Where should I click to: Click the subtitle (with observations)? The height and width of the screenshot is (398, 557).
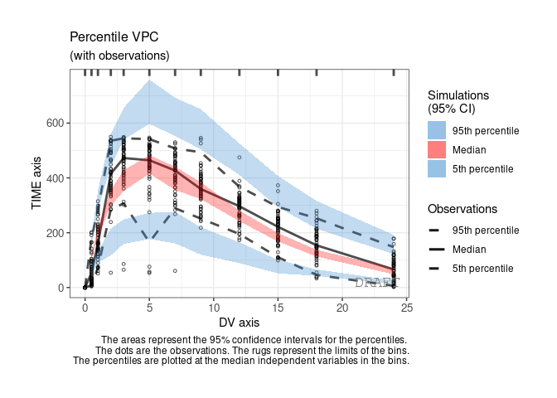[119, 56]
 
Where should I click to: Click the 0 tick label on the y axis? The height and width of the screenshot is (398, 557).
[62, 288]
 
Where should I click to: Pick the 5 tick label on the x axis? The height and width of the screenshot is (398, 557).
[149, 308]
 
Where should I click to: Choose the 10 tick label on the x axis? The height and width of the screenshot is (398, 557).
[214, 308]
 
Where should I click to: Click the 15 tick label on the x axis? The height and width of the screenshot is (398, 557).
[278, 308]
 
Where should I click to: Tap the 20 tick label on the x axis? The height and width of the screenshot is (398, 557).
[342, 308]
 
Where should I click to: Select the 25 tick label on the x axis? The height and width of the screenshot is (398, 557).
[407, 308]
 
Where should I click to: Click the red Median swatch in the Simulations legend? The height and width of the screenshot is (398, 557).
[437, 150]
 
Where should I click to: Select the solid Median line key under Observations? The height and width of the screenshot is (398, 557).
[437, 249]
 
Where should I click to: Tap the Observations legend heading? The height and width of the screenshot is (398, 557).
[462, 209]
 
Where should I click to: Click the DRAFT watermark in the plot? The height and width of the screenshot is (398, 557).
[376, 283]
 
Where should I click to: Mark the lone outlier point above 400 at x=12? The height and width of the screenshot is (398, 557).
[240, 157]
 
